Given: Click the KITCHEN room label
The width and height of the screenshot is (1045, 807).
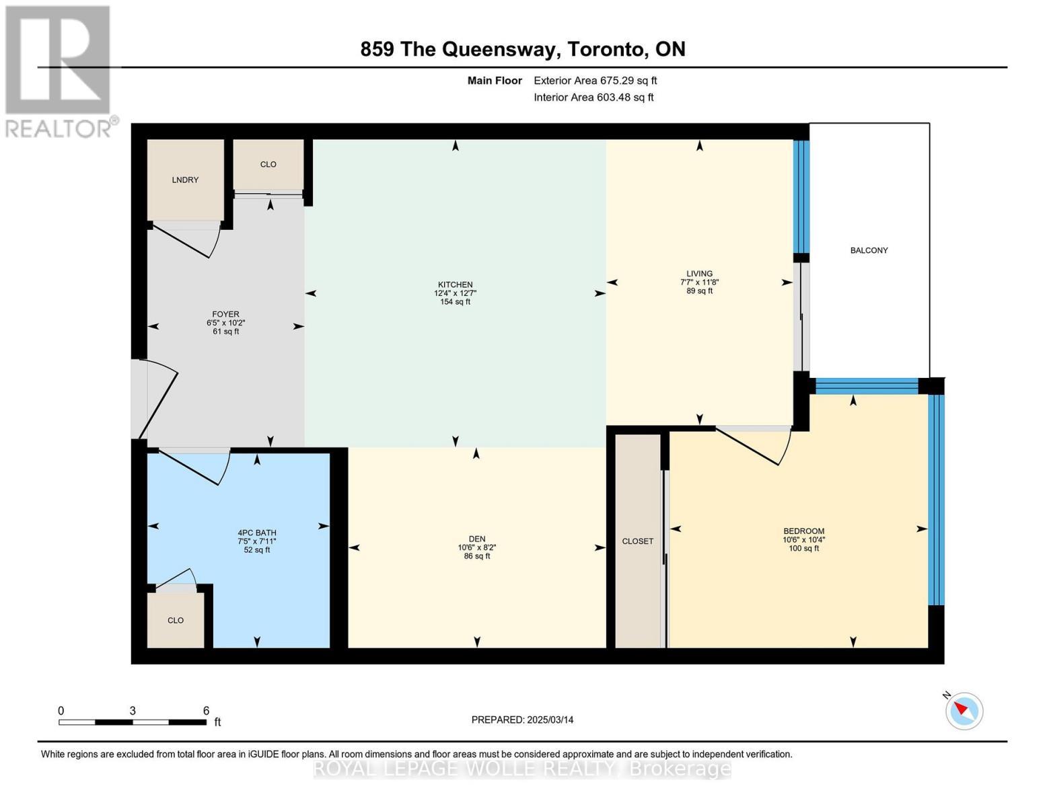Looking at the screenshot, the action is coord(455,284).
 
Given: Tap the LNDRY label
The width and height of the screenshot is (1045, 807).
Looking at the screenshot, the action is coord(185,180).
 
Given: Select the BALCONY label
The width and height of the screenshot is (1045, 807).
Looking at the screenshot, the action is coord(869,250).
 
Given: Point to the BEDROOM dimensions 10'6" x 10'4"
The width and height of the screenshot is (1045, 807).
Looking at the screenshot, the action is coord(803,540).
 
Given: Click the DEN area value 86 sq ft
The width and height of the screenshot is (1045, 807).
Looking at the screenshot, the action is coord(476,556).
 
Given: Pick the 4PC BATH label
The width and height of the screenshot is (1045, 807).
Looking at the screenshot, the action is coord(257,533).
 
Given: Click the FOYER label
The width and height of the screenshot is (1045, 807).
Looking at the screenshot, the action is coord(225,314).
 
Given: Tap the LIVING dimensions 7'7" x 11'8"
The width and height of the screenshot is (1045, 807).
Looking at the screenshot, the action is coord(699,282).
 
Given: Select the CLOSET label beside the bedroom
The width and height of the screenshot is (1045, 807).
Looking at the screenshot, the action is coord(638,541).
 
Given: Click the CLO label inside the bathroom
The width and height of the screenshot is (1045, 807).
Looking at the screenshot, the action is coord(176,621).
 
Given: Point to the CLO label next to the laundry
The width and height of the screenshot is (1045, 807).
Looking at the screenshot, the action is coord(268,164).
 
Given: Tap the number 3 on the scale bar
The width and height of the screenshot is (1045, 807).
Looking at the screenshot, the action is coord(133,710).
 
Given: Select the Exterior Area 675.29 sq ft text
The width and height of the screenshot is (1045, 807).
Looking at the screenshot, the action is coord(596,81).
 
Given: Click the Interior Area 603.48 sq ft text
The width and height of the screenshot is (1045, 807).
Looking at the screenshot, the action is coord(593,98).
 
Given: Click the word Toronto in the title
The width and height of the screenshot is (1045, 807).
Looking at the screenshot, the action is coord(606,49).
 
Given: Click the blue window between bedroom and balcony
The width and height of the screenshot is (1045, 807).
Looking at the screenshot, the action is coord(867,387).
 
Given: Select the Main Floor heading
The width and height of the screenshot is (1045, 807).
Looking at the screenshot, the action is coord(495,81).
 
